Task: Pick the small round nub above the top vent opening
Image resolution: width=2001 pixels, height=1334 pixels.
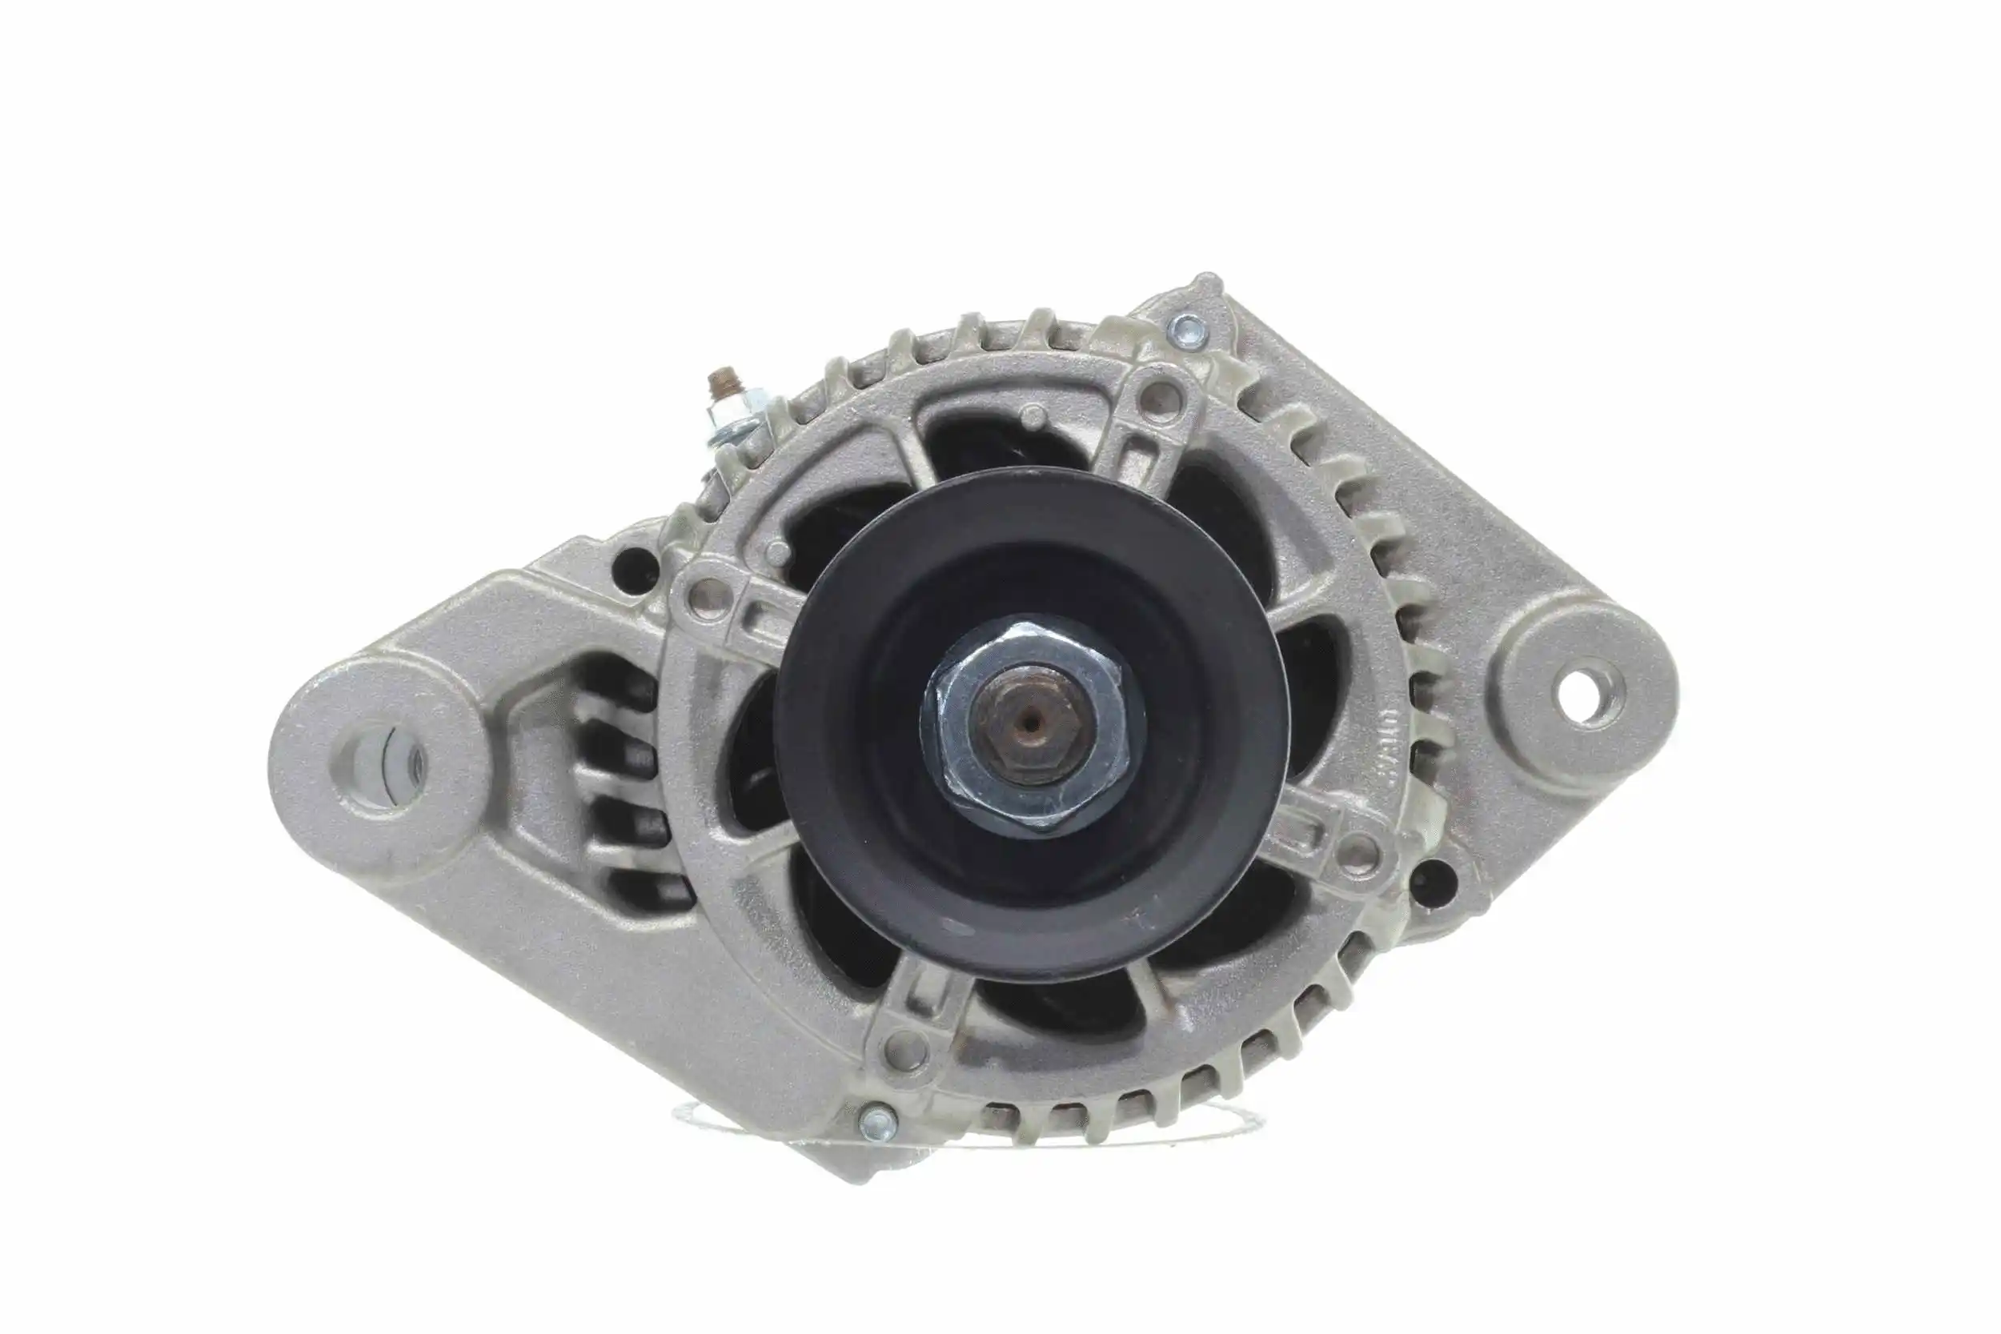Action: [x=1033, y=416]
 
